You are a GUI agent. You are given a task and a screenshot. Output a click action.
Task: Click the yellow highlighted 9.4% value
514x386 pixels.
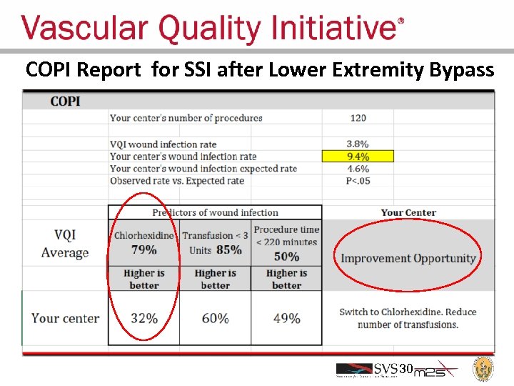click(358, 157)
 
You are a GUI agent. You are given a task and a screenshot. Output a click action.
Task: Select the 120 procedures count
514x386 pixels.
click(358, 118)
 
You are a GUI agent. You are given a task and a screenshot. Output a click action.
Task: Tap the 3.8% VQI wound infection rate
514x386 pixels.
click(358, 144)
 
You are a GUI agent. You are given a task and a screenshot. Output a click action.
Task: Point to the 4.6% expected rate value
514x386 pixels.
click(358, 169)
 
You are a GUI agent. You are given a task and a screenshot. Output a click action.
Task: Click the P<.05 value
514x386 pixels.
click(358, 181)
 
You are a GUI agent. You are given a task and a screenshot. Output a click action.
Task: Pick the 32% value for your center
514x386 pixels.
click(143, 318)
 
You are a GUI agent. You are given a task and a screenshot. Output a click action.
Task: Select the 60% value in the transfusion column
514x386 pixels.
click(215, 318)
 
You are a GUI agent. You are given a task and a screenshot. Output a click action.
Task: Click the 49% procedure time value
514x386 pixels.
click(286, 318)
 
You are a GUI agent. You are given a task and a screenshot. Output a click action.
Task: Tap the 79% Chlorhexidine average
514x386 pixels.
click(143, 249)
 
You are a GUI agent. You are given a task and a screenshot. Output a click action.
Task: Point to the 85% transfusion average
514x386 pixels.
click(228, 249)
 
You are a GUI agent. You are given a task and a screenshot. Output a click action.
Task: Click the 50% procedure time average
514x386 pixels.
click(286, 256)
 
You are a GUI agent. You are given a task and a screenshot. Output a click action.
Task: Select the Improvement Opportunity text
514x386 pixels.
click(408, 258)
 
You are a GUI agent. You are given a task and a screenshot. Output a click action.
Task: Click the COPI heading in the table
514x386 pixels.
click(65, 101)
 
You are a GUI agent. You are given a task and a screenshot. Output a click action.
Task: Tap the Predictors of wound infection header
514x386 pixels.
click(215, 212)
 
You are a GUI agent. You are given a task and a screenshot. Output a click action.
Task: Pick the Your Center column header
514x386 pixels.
click(408, 212)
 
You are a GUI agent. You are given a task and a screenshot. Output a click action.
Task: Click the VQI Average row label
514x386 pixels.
click(65, 244)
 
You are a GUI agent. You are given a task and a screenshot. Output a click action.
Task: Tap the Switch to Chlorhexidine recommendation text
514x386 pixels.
click(408, 318)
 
